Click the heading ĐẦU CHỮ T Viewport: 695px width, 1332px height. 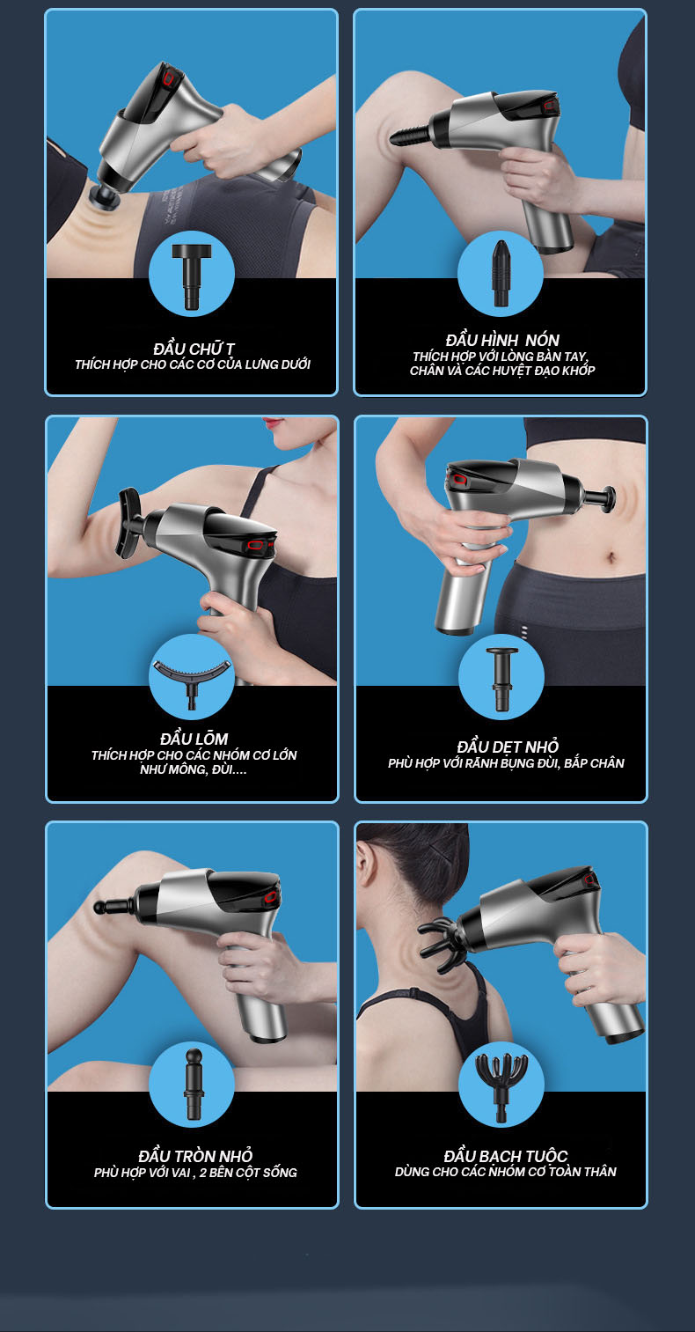pos(194,349)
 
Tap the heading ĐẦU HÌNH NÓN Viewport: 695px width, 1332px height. pos(502,340)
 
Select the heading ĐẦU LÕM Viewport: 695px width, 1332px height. pos(194,739)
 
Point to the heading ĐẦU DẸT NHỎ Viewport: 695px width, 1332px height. pos(508,747)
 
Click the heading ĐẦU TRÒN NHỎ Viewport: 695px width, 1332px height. pos(195,1155)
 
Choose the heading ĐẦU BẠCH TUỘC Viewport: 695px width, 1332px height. pos(506,1156)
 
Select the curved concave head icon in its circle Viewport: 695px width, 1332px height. pos(191,679)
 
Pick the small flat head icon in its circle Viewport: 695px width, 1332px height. pos(501,678)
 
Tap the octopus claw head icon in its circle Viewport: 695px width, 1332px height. pos(501,1085)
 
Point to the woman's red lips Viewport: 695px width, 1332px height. pos(274,423)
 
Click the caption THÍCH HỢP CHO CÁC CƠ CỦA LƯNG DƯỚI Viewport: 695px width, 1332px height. pos(193,364)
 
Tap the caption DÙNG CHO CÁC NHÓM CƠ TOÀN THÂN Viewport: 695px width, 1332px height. pos(506,1172)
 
